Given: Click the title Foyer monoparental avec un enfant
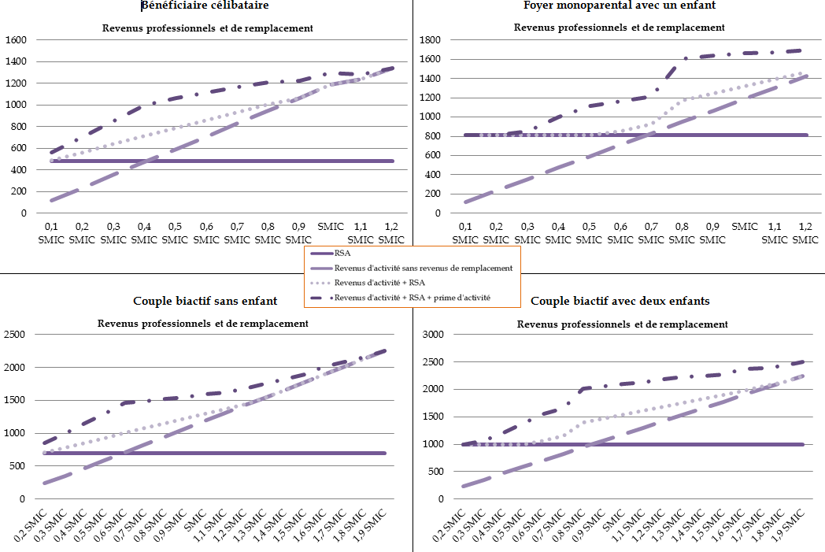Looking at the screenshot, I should pyautogui.click(x=620, y=6).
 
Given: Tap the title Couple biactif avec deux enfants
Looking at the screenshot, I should pyautogui.click(x=620, y=301).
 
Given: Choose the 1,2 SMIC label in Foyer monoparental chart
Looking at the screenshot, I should pyautogui.click(x=805, y=232).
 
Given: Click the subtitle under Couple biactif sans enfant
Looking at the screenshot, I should pyautogui.click(x=203, y=323).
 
